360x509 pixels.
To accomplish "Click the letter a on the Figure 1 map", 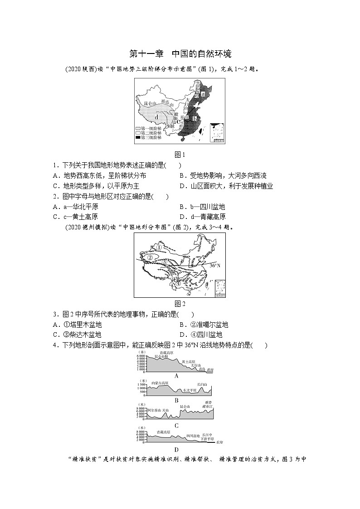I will click(203, 94).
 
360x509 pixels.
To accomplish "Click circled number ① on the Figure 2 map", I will click(153, 247).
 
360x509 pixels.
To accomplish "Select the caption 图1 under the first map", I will click(180, 154).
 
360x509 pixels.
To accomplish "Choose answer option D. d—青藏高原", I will click(202, 217).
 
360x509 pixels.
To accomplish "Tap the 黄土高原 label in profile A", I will click(189, 362).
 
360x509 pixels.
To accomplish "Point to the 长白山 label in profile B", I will click(202, 385).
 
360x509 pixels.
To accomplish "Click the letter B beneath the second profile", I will click(176, 400).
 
